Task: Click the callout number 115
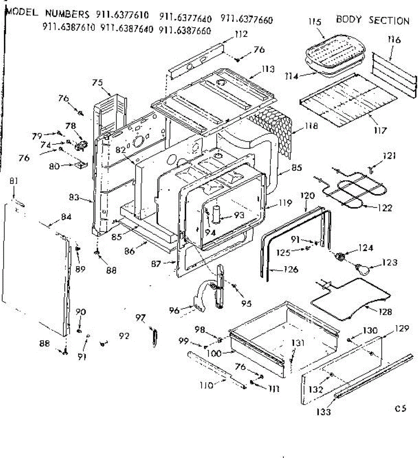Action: (x=315, y=22)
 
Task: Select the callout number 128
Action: (x=385, y=311)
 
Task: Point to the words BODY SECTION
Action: (x=373, y=20)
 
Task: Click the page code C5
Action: (x=400, y=408)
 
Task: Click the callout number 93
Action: (x=239, y=215)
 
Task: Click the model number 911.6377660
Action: (x=246, y=18)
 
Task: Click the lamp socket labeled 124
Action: (x=339, y=257)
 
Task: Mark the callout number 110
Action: (x=206, y=385)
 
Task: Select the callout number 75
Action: (x=98, y=82)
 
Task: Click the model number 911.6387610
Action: (x=69, y=28)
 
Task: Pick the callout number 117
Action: (x=381, y=130)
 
